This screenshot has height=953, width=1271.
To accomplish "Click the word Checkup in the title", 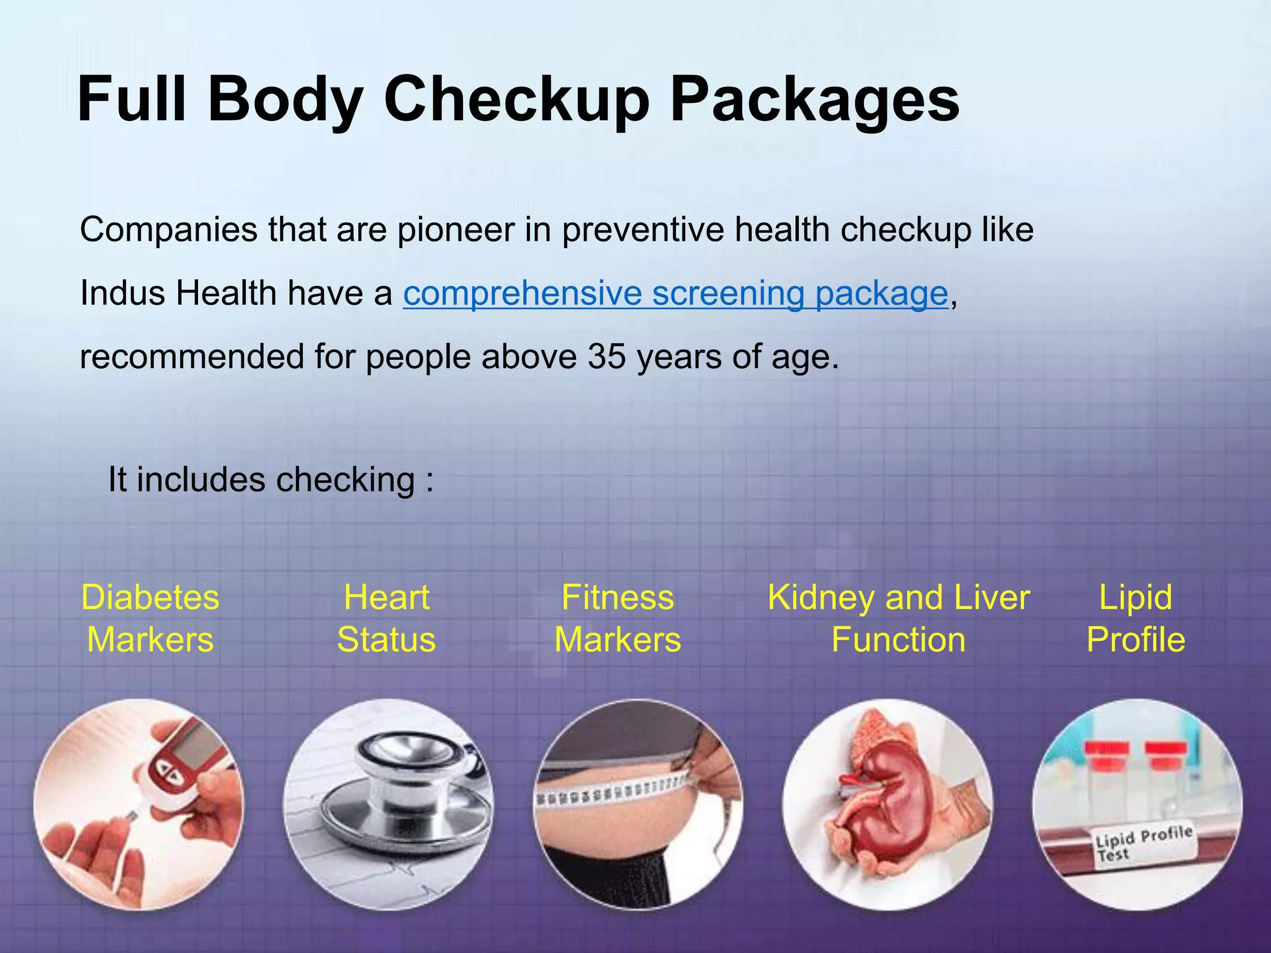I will pyautogui.click(x=517, y=99).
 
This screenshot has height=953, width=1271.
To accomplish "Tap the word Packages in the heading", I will pyautogui.click(x=815, y=99).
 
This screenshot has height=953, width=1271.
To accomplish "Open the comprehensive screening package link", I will pyautogui.click(x=675, y=293).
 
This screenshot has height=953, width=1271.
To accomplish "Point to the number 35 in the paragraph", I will pyautogui.click(x=606, y=357).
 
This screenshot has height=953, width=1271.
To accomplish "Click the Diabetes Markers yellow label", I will pyautogui.click(x=150, y=618).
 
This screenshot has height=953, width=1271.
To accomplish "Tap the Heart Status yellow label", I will pyautogui.click(x=386, y=618).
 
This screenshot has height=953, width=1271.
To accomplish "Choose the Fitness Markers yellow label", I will pyautogui.click(x=618, y=618).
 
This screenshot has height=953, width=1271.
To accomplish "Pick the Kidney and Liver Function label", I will pyautogui.click(x=898, y=618).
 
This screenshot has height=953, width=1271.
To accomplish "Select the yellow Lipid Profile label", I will pyautogui.click(x=1135, y=618).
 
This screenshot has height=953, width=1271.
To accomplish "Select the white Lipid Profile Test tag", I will pyautogui.click(x=1143, y=842).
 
